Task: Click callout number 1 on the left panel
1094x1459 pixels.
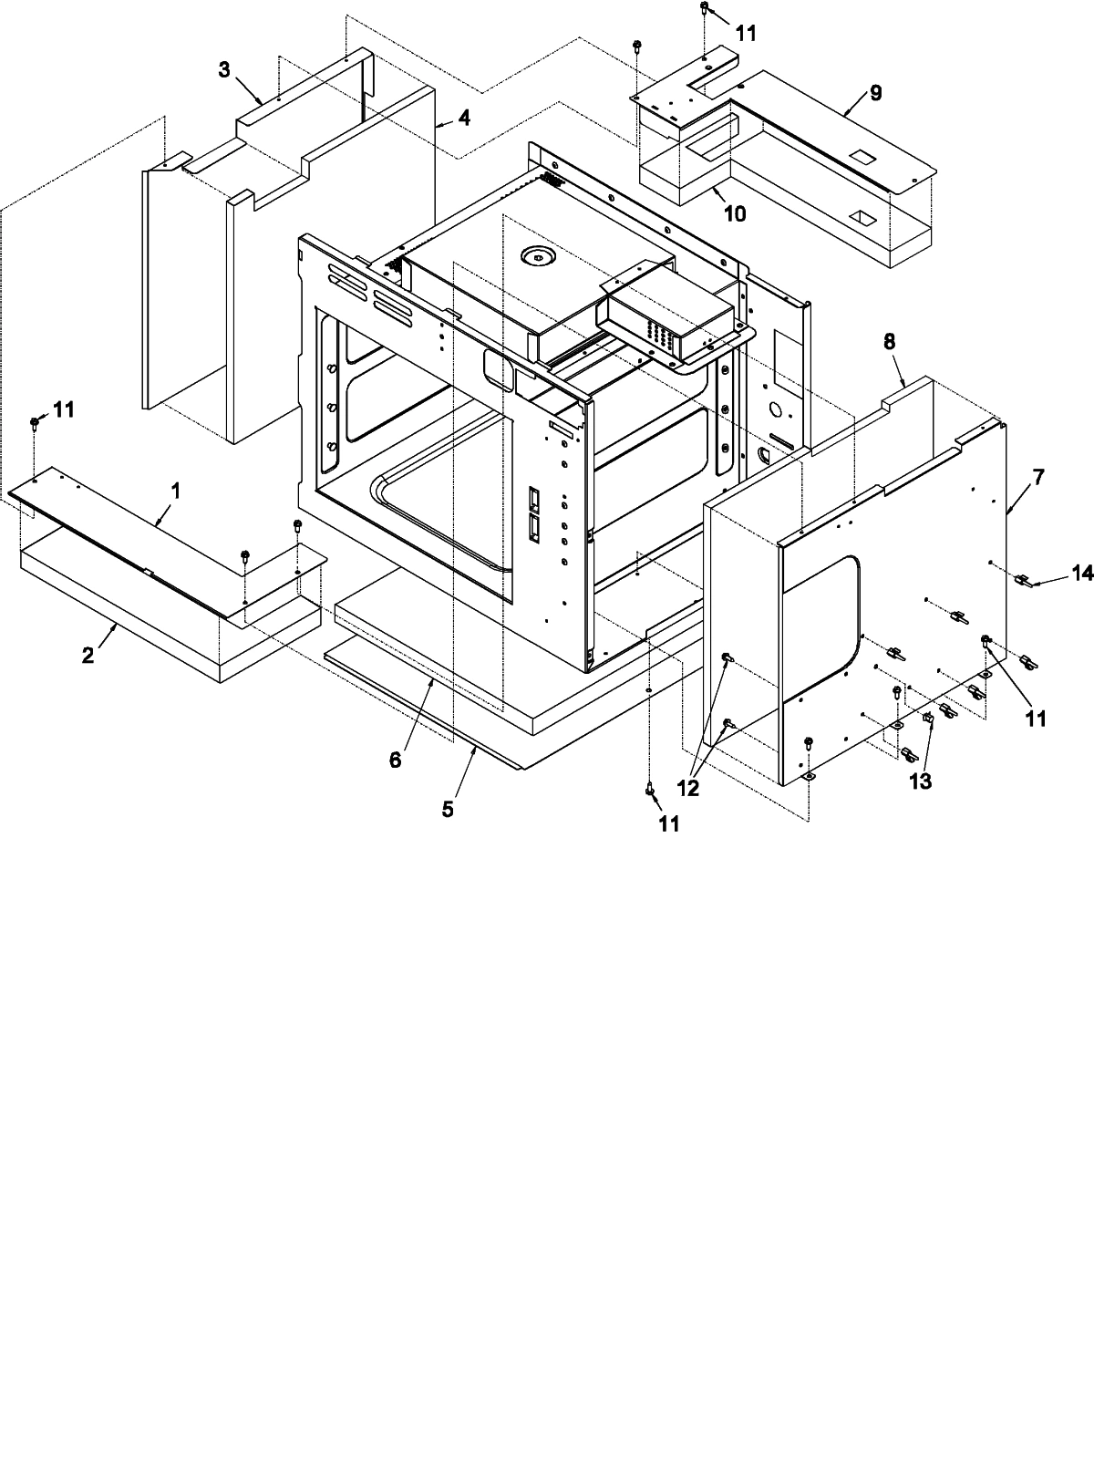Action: click(176, 491)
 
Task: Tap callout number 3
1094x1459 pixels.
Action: click(224, 70)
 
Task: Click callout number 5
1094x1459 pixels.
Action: click(448, 809)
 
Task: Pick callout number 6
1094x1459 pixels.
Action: click(395, 760)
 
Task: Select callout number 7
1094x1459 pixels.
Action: click(1038, 477)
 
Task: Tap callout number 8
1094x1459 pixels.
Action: click(889, 341)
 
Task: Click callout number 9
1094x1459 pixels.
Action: click(875, 92)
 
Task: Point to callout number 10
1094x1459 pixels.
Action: click(735, 213)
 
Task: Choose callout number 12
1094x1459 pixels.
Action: click(688, 789)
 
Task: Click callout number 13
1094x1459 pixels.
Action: click(921, 781)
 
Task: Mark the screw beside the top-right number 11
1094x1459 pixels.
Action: click(705, 9)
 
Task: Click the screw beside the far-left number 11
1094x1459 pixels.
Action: click(35, 422)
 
